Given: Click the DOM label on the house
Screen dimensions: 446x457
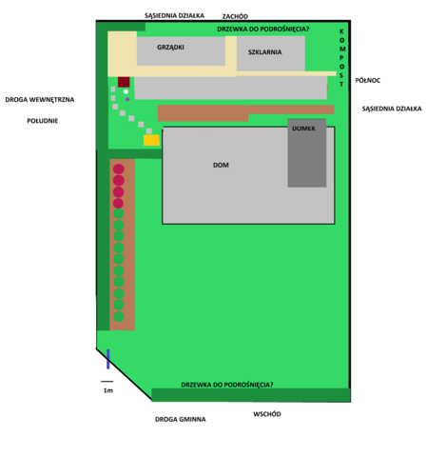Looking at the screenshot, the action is (221, 165).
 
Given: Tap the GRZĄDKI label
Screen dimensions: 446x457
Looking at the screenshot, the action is (170, 48).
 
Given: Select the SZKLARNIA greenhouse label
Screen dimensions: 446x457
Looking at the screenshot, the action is (264, 52).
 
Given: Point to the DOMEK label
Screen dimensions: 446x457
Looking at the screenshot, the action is (303, 129).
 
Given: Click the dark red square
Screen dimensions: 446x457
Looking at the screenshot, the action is (124, 82).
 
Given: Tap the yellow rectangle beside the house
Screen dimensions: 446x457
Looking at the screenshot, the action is (151, 140).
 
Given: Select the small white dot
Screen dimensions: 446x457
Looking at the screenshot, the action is (126, 91).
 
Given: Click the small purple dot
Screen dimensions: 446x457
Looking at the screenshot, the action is (127, 99).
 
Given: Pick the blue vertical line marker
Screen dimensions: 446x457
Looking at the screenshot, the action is (108, 359).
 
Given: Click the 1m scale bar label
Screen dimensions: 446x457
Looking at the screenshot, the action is (108, 390).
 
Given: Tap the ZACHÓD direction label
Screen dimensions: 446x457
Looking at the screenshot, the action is (235, 16).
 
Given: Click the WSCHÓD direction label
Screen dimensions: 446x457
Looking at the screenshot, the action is (267, 414).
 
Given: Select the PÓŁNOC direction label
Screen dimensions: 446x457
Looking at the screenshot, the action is (368, 80).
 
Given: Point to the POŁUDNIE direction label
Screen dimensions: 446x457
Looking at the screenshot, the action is (43, 121).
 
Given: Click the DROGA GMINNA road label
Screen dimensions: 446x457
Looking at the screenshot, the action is (180, 420).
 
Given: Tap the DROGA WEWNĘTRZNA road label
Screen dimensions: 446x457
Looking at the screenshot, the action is (40, 100).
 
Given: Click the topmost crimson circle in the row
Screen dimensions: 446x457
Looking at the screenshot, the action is (119, 169).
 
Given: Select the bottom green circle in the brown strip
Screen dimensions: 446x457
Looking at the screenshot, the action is (119, 316).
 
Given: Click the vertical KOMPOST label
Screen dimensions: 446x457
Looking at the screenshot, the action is (341, 58).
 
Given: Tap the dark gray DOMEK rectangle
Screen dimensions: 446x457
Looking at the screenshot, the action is (307, 153).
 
